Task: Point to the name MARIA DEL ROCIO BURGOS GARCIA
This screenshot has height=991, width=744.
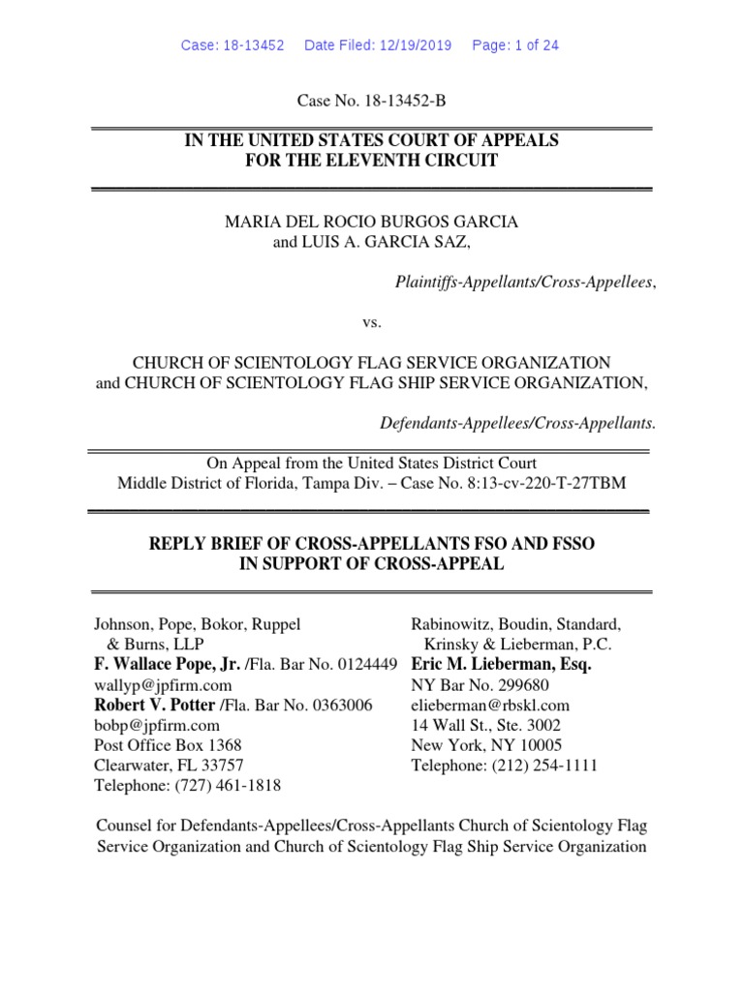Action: click(371, 222)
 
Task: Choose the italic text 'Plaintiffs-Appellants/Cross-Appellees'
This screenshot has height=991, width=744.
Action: click(524, 282)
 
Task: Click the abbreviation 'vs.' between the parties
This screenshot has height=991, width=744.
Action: click(371, 321)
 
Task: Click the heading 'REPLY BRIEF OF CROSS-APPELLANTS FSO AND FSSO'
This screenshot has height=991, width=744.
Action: click(371, 545)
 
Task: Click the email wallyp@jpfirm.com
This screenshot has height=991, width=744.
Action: click(153, 685)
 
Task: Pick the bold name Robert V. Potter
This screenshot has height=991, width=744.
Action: click(155, 705)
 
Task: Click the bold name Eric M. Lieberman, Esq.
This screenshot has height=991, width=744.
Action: click(501, 665)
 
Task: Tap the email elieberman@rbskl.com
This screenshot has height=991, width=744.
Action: click(490, 705)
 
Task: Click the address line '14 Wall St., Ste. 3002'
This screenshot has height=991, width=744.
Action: click(485, 725)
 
